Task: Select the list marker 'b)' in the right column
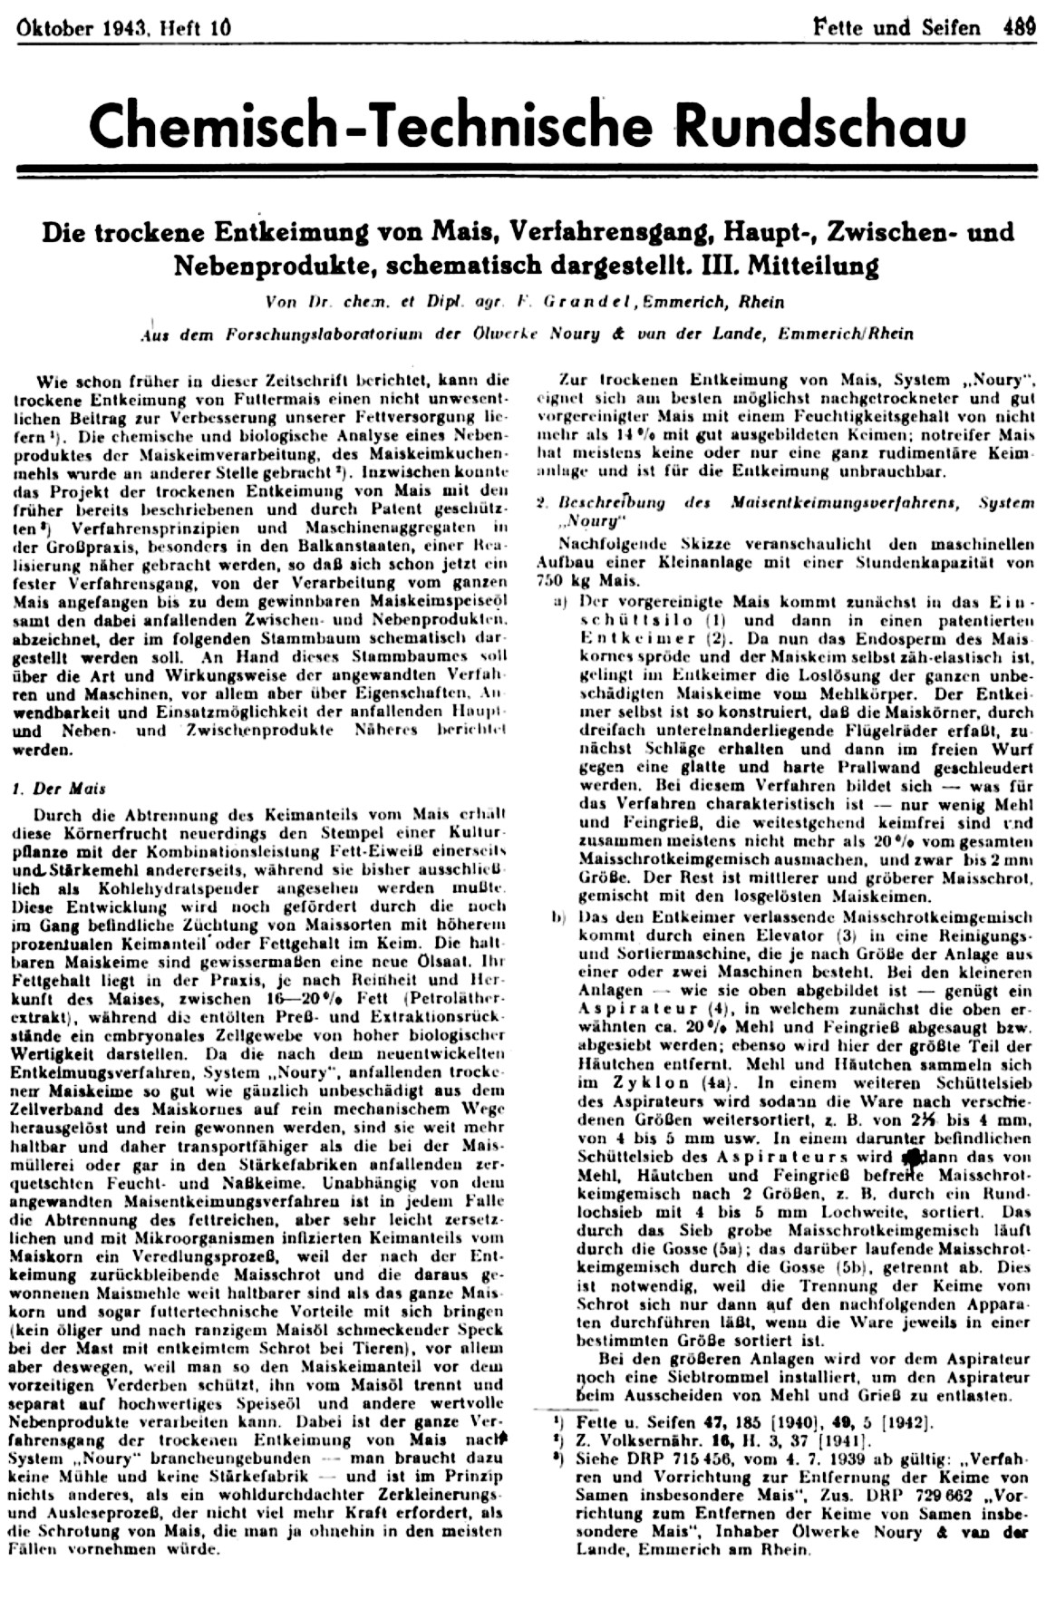point(560,916)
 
